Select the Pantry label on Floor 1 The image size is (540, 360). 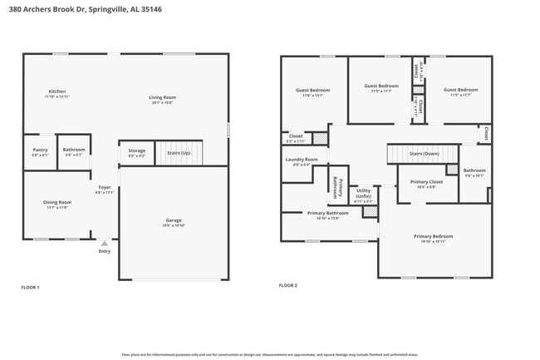click(x=40, y=152)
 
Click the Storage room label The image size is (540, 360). click(x=136, y=153)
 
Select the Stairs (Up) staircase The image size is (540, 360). click(x=179, y=153)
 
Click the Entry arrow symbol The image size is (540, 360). click(x=105, y=243)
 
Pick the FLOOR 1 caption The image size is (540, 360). click(x=30, y=288)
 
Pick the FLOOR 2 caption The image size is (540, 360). click(x=287, y=285)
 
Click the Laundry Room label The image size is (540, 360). click(x=302, y=161)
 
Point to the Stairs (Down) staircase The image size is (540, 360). click(x=424, y=154)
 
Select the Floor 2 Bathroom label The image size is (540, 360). click(x=474, y=172)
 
